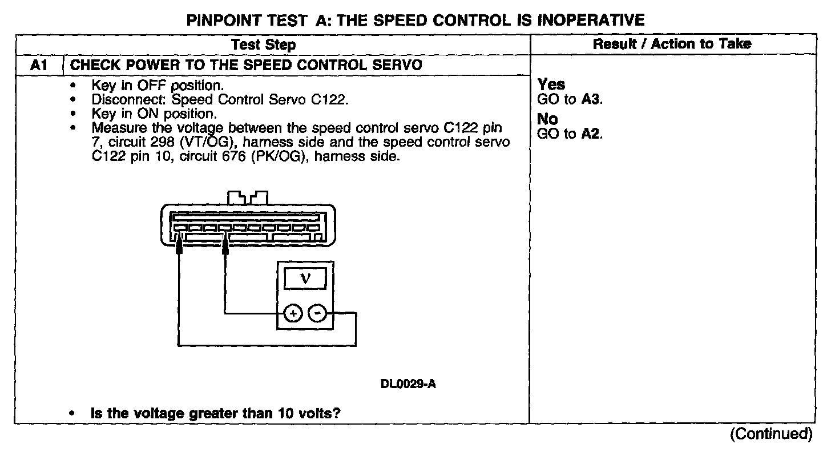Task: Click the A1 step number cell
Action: pyautogui.click(x=38, y=65)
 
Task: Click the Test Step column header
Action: pyautogui.click(x=264, y=45)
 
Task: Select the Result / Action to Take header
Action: pyautogui.click(x=672, y=44)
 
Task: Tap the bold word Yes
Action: pyautogui.click(x=551, y=85)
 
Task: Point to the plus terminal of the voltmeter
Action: pyautogui.click(x=293, y=313)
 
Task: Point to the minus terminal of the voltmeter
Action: pyautogui.click(x=318, y=313)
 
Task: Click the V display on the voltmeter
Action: pyautogui.click(x=305, y=279)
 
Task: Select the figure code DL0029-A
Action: pyautogui.click(x=408, y=384)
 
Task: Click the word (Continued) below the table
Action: pyautogui.click(x=771, y=434)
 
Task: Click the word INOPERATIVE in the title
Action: pyautogui.click(x=591, y=21)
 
